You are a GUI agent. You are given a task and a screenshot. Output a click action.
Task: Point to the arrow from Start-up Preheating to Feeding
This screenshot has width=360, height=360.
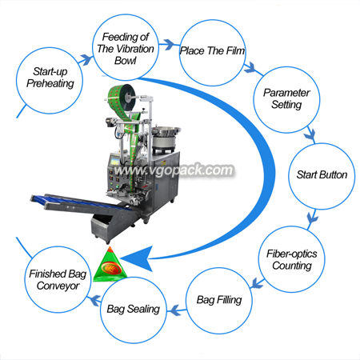(x=86, y=59)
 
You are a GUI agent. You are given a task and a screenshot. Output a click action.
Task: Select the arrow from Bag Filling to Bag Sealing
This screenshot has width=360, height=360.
(x=177, y=310)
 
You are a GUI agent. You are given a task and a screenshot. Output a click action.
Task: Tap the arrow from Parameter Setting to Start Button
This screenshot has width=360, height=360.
(x=310, y=135)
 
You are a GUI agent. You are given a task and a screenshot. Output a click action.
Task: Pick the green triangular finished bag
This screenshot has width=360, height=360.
(x=110, y=265)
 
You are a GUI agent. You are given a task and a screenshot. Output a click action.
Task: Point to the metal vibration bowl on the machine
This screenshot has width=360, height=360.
(x=166, y=131)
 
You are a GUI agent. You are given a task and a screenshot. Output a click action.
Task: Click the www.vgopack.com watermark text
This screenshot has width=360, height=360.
(x=174, y=170)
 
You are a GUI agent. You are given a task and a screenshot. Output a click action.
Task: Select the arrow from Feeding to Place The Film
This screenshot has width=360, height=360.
(x=169, y=44)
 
